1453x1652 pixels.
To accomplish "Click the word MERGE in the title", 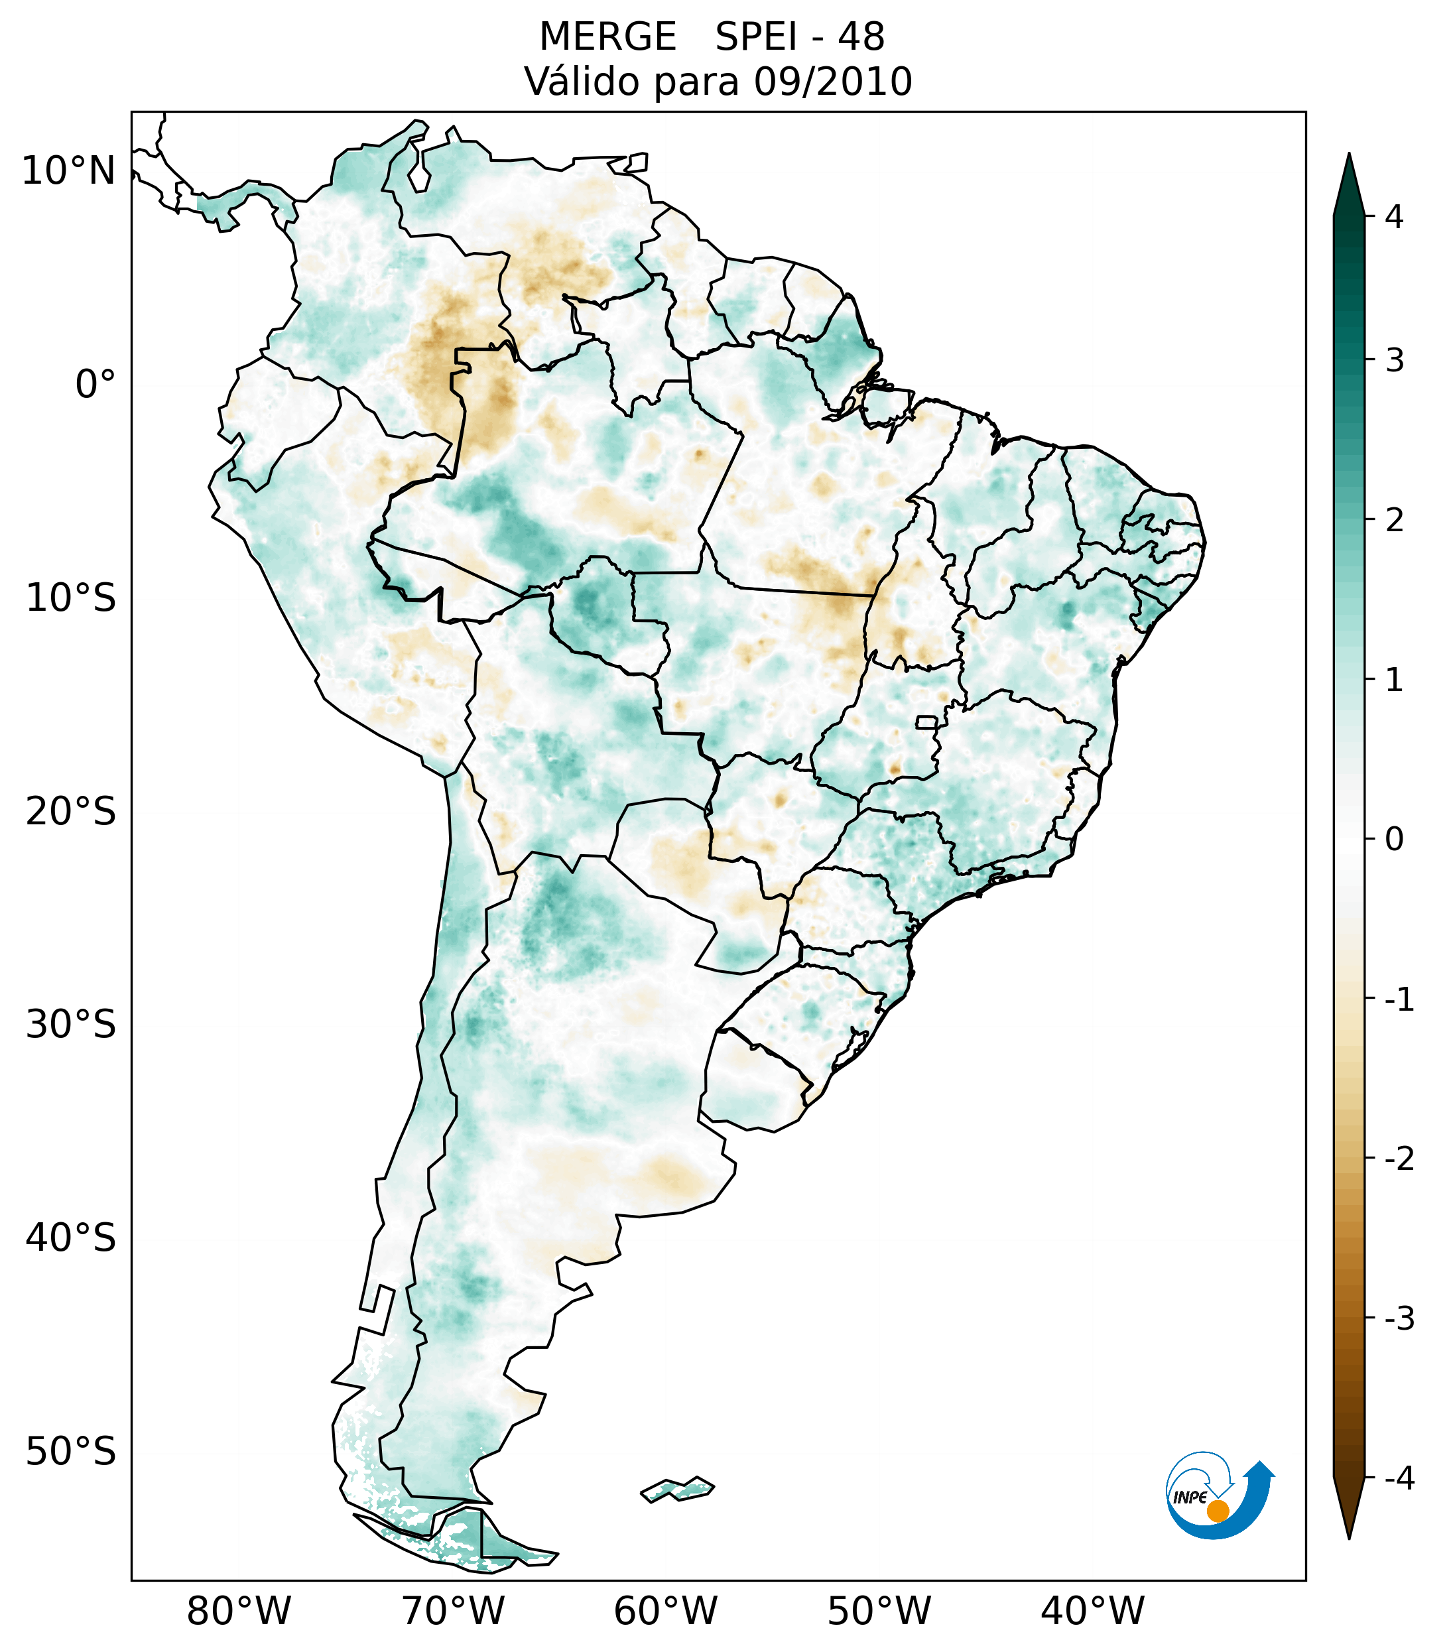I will coord(607,37).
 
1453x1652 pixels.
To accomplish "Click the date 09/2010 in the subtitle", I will coord(833,82).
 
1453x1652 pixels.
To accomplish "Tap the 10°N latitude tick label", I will coord(69,171).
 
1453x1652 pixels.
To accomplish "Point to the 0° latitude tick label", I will coord(95,385).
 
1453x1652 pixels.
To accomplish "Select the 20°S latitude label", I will coord(71,812).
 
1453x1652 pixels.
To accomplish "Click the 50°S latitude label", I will coord(71,1452).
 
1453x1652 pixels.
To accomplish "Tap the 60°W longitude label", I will coord(665,1611).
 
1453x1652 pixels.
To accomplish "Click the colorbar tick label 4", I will coord(1394,217).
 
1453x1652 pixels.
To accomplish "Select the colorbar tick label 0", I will coord(1394,840).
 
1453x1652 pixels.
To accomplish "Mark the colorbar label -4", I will coord(1399,1478).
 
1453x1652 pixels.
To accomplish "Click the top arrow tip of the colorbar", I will coord(1349,156).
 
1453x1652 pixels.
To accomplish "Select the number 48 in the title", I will coord(861,37).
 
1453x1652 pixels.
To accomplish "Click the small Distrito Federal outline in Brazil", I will coord(927,721).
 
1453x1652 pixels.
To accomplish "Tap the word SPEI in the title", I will coord(757,37).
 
